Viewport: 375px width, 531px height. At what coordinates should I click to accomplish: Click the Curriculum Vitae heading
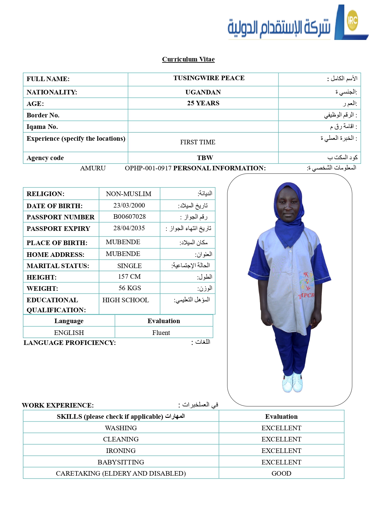coord(188,59)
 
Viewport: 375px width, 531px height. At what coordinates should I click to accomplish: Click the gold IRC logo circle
coord(352,20)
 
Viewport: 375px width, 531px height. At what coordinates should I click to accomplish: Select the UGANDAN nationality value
coord(203,92)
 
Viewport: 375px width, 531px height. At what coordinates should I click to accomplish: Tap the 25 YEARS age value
coord(203,103)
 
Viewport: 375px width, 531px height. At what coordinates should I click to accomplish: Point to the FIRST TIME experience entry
coord(197,142)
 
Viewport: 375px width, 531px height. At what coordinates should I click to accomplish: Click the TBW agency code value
coord(205,158)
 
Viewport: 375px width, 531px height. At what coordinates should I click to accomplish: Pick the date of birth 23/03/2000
coord(129,205)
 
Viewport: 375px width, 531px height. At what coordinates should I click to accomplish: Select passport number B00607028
coord(129,217)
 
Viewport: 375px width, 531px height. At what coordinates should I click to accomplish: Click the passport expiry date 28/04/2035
coord(129,228)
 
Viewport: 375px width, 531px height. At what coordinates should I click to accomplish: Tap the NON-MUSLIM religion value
coord(129,194)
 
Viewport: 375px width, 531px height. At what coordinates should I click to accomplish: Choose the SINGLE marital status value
coord(129,266)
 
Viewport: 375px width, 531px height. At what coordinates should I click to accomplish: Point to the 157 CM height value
coord(129,277)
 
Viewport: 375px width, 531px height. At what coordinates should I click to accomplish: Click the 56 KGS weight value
coord(130,288)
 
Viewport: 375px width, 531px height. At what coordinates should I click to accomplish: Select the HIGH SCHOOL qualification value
coord(126,300)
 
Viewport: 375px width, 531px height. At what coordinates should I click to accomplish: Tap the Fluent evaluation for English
coord(161,333)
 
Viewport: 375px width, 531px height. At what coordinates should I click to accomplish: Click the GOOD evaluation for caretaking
coord(281,474)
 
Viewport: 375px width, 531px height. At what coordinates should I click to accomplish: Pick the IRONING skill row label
coord(121,451)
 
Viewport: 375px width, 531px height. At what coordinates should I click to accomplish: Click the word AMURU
coord(93,168)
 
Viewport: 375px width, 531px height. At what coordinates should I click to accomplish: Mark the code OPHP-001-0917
coord(148,168)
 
